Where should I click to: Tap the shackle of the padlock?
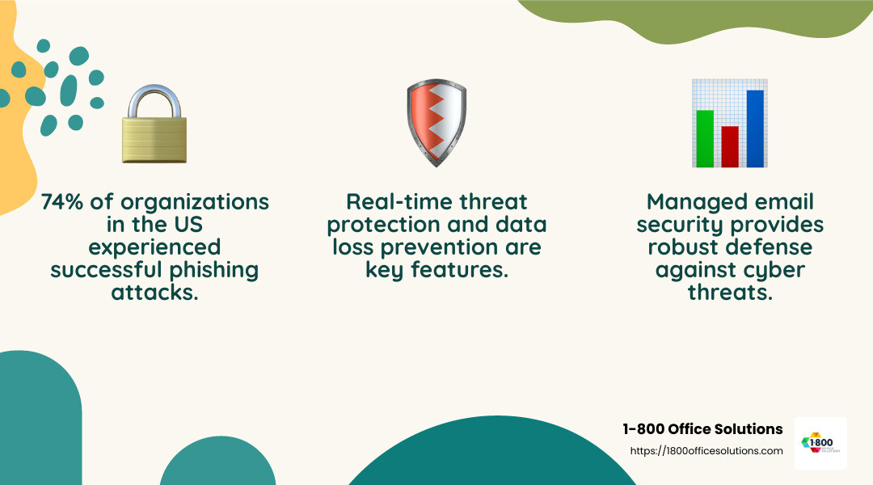[154, 99]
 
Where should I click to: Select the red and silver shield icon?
[436, 122]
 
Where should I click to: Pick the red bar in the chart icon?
[730, 146]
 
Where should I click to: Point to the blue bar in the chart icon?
[755, 129]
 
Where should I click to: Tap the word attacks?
[154, 293]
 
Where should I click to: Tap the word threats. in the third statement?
[730, 293]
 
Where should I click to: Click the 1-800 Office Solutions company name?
[702, 429]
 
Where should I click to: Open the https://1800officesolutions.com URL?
[706, 451]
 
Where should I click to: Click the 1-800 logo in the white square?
[820, 443]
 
